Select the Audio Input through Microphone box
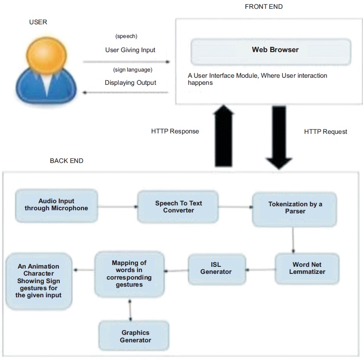point(56,205)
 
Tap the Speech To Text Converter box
point(178,207)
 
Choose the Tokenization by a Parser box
point(295,208)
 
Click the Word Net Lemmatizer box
point(307,269)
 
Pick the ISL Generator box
point(216,268)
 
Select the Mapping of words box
point(129,274)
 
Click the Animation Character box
point(38,281)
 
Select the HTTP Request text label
point(325,132)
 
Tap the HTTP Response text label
point(175,131)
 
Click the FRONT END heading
point(264,7)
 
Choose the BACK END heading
point(66,161)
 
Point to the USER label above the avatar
point(38,22)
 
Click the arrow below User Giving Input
point(126,62)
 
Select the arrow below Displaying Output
point(126,92)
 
